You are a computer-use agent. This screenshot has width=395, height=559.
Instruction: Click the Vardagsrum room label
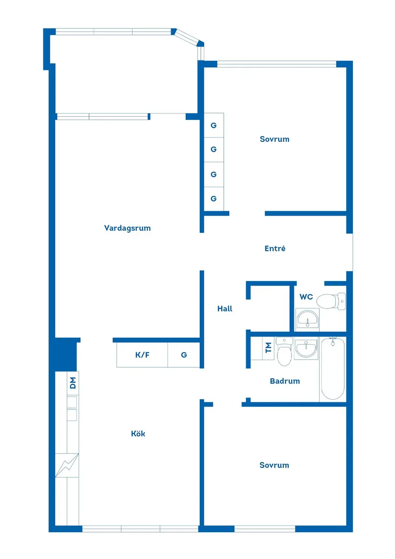coord(127,228)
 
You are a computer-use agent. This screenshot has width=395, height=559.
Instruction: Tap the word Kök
coord(138,434)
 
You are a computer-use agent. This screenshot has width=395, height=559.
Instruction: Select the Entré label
coord(275,249)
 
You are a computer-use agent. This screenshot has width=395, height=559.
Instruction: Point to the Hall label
coord(225,309)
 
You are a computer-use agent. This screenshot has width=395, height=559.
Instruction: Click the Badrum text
coord(284,381)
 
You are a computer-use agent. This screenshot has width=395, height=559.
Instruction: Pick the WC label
coord(306,297)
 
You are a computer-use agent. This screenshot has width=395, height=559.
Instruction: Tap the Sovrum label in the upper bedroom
coord(274,139)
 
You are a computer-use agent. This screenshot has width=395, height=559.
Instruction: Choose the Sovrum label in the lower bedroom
coord(274,465)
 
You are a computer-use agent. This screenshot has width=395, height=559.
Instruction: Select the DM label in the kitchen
coord(73,383)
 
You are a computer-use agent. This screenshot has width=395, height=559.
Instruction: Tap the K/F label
coord(143,355)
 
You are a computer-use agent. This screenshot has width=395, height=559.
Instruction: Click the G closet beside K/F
coord(184,355)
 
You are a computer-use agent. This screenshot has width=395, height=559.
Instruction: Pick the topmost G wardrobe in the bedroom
coord(214,125)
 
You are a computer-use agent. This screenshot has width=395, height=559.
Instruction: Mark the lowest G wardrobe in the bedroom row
coord(214,199)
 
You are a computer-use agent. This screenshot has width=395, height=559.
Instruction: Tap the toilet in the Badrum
coord(284,352)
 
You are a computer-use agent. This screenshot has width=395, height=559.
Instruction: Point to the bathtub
coord(332,369)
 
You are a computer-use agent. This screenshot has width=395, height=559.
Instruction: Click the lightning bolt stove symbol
coord(67,465)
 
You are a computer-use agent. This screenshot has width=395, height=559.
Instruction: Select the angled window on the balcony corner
coord(188,38)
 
